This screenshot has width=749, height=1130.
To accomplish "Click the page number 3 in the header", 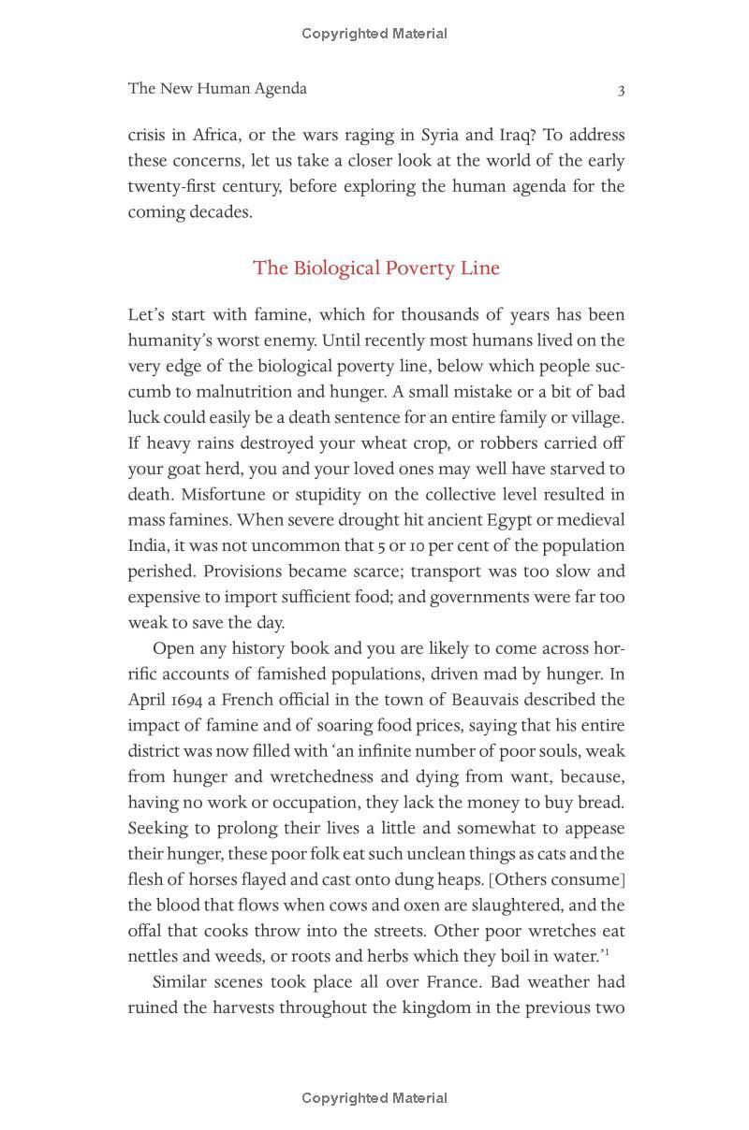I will tap(621, 90).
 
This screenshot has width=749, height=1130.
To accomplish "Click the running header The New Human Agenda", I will tap(217, 89).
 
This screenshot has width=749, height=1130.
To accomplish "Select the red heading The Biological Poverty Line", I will tap(376, 268).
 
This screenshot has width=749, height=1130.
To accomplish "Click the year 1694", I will tap(190, 700).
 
